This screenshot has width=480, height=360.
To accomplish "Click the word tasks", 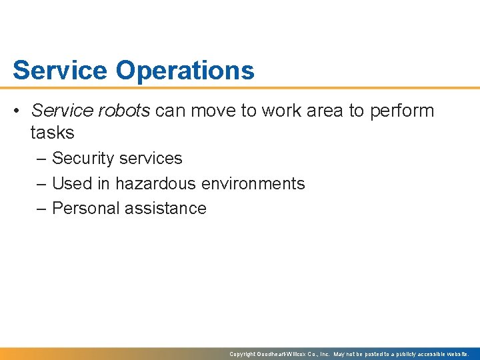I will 52,133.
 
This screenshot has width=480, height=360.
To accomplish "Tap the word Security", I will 83,159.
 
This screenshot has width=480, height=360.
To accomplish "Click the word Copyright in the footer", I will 243,354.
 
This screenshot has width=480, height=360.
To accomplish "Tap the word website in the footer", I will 458,354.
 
